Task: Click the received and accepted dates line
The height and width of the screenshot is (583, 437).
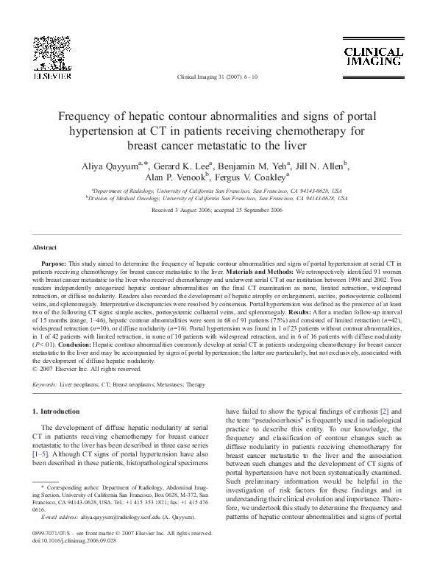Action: pyautogui.click(x=218, y=210)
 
